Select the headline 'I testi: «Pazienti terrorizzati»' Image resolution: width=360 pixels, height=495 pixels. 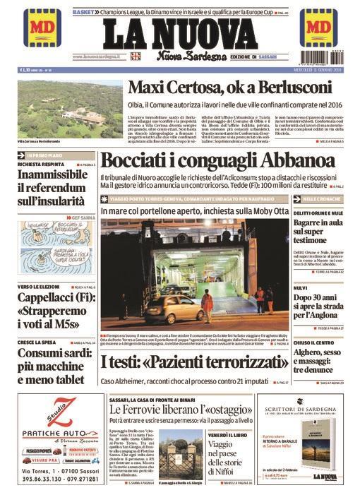click(x=194, y=364)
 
